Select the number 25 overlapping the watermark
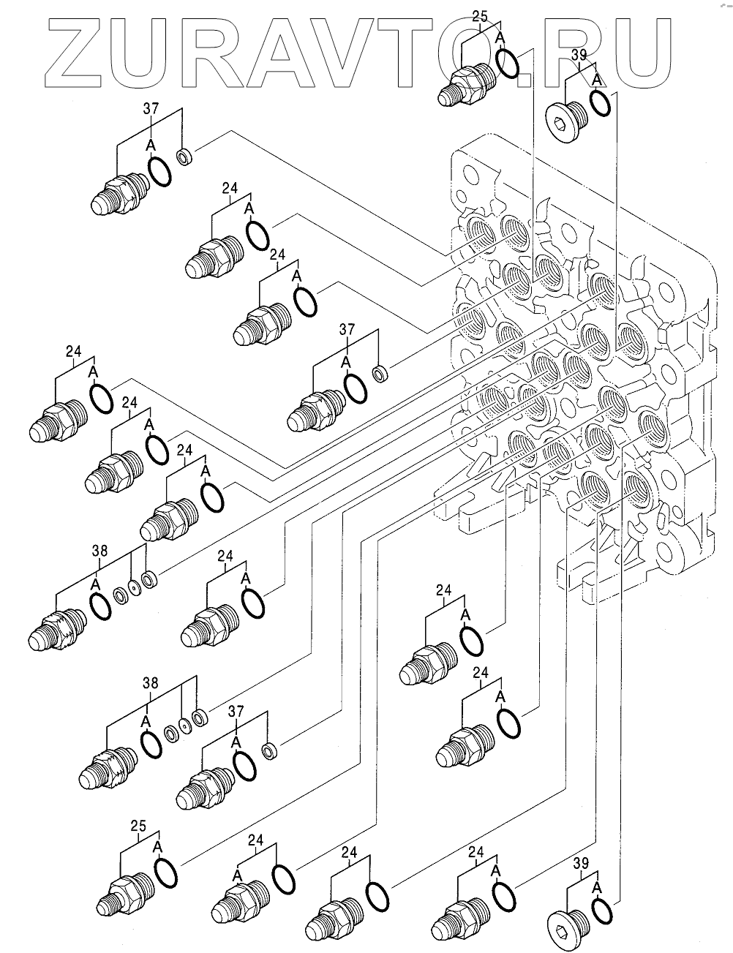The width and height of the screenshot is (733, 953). pos(480,15)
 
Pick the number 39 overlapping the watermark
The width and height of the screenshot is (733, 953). pos(579,56)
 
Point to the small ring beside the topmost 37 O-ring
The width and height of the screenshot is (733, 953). pos(185,156)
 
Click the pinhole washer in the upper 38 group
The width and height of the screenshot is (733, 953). pos(134,587)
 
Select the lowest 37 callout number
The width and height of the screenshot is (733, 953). pos(236,710)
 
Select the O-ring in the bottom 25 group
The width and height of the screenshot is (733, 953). pos(167,875)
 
